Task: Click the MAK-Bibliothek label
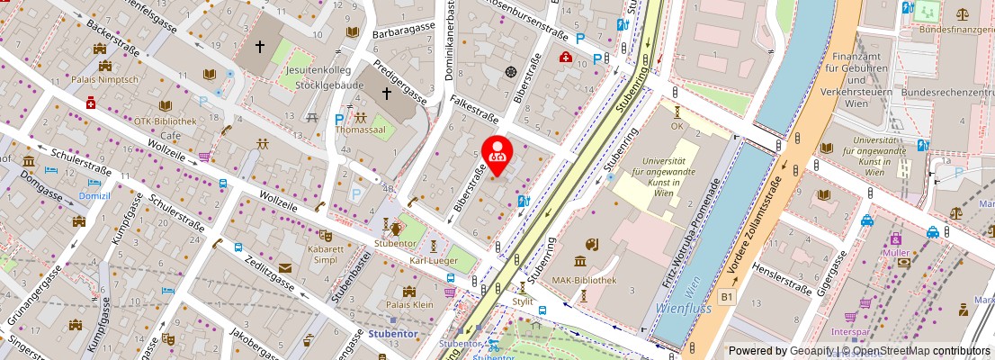pos(585,280)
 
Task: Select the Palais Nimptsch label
pos(106,78)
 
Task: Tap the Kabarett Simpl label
pos(325,253)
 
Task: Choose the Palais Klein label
pos(410,303)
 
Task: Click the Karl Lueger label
pos(433,261)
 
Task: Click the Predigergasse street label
pos(400,83)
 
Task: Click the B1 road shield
pos(727,294)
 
